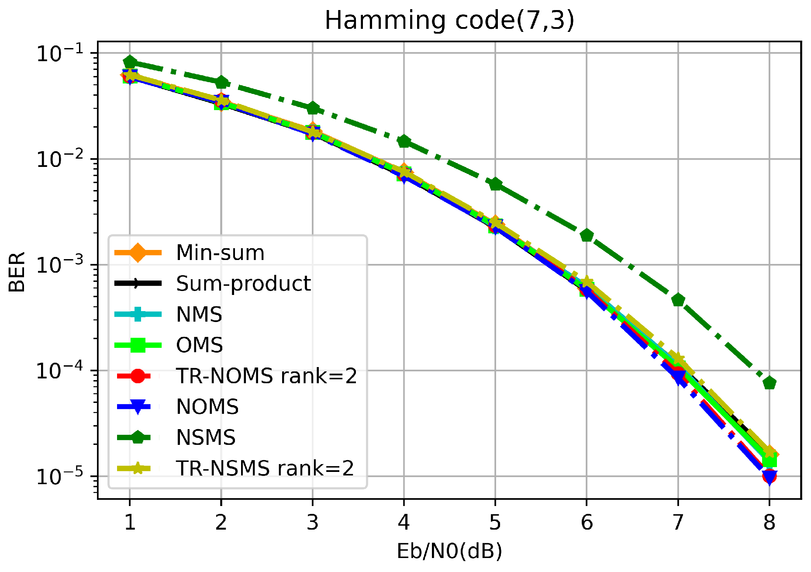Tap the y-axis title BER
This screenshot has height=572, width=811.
coord(17,272)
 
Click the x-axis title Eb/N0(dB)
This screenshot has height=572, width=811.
coord(449,551)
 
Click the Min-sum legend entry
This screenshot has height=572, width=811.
coord(220,253)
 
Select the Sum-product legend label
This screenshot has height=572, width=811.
coord(243,284)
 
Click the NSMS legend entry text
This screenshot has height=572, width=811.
coord(206,437)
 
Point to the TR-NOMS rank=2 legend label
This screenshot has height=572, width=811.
coord(266,376)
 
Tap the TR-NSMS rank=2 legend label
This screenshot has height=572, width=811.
coord(265,468)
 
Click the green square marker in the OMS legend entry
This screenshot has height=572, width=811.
coord(138,345)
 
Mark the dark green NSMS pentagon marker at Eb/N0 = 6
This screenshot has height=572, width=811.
coord(587,236)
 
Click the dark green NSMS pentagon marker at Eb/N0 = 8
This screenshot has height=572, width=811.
coord(769,383)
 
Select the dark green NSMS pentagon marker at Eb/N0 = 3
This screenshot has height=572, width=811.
coord(312,108)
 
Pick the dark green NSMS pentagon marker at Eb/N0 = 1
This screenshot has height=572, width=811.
coord(130,62)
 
